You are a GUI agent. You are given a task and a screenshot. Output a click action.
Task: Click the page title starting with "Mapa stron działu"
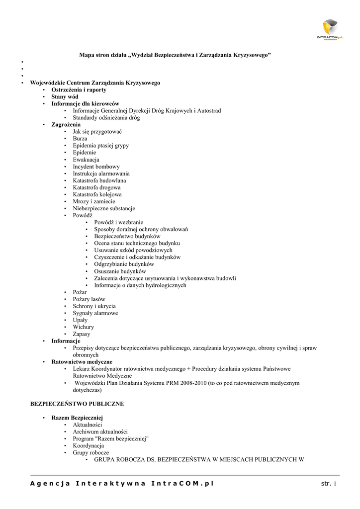pos(175,55)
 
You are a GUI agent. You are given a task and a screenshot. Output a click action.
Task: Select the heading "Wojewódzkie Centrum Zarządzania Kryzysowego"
pos(95,83)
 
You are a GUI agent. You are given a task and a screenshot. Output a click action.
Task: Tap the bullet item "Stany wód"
pos(65,97)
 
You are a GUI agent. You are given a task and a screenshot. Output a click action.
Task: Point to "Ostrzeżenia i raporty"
pos(79,90)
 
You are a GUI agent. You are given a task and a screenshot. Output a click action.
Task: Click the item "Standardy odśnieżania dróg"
pos(106,118)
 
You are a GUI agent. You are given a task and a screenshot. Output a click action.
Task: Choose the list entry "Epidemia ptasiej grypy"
pos(101,146)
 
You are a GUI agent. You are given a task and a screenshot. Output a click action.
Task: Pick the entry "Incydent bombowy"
pos(96,167)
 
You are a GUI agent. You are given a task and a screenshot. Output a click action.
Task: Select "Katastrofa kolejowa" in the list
pos(97,194)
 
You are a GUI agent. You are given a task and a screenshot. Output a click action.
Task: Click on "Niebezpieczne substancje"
pos(104,208)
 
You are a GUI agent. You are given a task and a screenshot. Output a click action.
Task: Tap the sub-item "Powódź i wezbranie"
pos(119,222)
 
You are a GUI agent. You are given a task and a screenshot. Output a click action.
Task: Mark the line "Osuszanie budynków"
pos(120,271)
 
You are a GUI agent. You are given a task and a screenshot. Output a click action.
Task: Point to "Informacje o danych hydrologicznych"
pos(140,285)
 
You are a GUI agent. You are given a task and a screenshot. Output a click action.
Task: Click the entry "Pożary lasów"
pos(89,299)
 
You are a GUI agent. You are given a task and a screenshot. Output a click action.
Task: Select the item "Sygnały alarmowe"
pos(95,313)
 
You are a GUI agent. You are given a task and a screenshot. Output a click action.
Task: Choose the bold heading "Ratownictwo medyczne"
pos(82,362)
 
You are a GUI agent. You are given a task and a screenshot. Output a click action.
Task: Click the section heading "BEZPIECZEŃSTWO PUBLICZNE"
pos(77,404)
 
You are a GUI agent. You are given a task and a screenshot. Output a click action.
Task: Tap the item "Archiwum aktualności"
pos(100,432)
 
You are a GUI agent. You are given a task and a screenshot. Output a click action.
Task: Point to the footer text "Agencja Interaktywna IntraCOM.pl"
pos(122,484)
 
